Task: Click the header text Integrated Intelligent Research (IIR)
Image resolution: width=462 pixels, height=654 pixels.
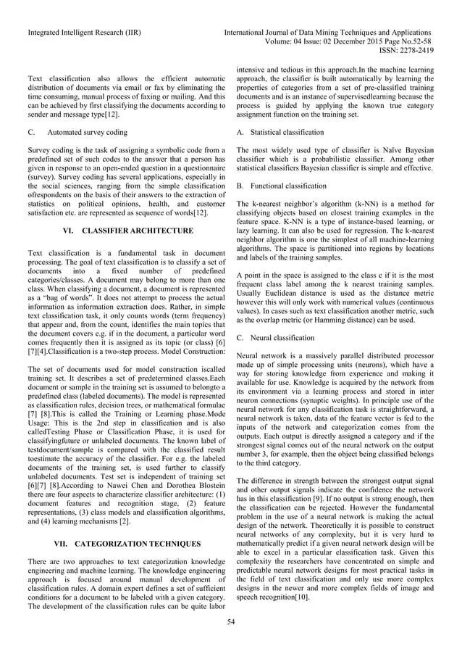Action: (x=85, y=33)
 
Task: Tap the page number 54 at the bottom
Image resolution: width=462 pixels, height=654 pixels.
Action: (x=231, y=621)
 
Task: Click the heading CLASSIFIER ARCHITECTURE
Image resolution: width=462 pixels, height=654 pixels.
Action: (x=127, y=230)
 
